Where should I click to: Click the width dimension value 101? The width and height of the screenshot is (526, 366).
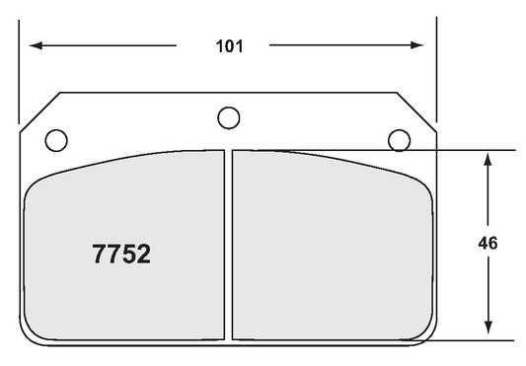pyautogui.click(x=227, y=45)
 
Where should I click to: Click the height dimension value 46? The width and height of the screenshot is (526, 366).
pyautogui.click(x=487, y=243)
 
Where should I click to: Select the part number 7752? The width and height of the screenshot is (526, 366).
pyautogui.click(x=121, y=255)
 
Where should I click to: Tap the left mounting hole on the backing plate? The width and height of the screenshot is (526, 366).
pyautogui.click(x=57, y=139)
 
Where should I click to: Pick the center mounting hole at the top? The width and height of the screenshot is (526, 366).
pyautogui.click(x=228, y=117)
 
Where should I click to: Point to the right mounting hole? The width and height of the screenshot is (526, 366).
pyautogui.click(x=399, y=139)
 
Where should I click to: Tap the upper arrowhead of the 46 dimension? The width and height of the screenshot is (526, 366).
pyautogui.click(x=487, y=158)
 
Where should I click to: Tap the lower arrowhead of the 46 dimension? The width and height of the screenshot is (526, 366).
pyautogui.click(x=487, y=332)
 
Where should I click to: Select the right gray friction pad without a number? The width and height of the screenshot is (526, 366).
pyautogui.click(x=331, y=247)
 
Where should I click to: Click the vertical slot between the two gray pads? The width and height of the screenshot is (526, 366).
pyautogui.click(x=228, y=247)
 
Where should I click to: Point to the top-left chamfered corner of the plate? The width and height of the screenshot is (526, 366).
pyautogui.click(x=39, y=110)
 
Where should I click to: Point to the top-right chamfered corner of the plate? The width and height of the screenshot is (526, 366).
pyautogui.click(x=417, y=110)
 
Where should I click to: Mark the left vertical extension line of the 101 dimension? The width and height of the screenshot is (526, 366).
pyautogui.click(x=19, y=69)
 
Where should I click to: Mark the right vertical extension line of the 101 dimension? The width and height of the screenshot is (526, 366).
pyautogui.click(x=435, y=69)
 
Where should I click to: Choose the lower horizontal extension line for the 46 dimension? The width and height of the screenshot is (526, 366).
pyautogui.click(x=474, y=340)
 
